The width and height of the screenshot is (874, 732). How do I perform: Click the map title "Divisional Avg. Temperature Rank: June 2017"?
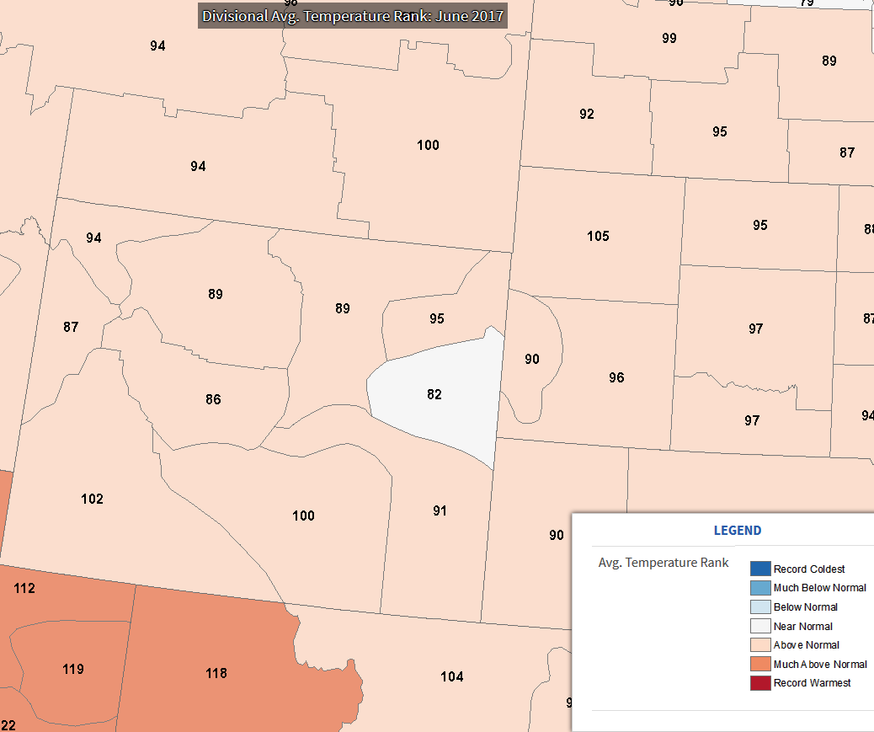coord(353,15)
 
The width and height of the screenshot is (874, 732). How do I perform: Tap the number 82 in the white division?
coord(434,394)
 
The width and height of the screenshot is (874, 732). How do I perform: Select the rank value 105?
coord(598,236)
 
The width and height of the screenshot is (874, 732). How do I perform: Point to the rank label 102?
coord(92,499)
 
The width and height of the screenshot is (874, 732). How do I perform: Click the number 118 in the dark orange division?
coord(216,673)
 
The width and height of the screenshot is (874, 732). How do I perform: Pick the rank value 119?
coord(73,669)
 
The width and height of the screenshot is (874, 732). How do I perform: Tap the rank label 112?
coord(24,588)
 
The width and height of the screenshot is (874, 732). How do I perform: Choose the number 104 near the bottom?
coord(452,676)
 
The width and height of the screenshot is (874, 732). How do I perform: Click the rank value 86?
coord(213,399)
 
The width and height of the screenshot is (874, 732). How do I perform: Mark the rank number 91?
coord(440,510)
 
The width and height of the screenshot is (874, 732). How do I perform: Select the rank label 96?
coord(616,377)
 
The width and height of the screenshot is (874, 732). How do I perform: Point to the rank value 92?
coord(587,114)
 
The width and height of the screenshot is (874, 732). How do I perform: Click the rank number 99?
coord(669,38)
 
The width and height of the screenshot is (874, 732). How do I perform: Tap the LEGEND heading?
coord(738,531)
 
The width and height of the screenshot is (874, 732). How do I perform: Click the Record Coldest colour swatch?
coord(760,569)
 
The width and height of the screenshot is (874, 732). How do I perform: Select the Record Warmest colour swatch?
coord(760,683)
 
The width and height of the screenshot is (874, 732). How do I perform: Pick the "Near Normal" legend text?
coord(803,626)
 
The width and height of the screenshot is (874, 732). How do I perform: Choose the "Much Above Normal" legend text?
coord(820,665)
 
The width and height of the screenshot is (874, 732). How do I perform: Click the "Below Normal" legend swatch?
coord(760,606)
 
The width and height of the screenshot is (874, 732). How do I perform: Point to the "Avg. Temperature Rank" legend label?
coord(663,563)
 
